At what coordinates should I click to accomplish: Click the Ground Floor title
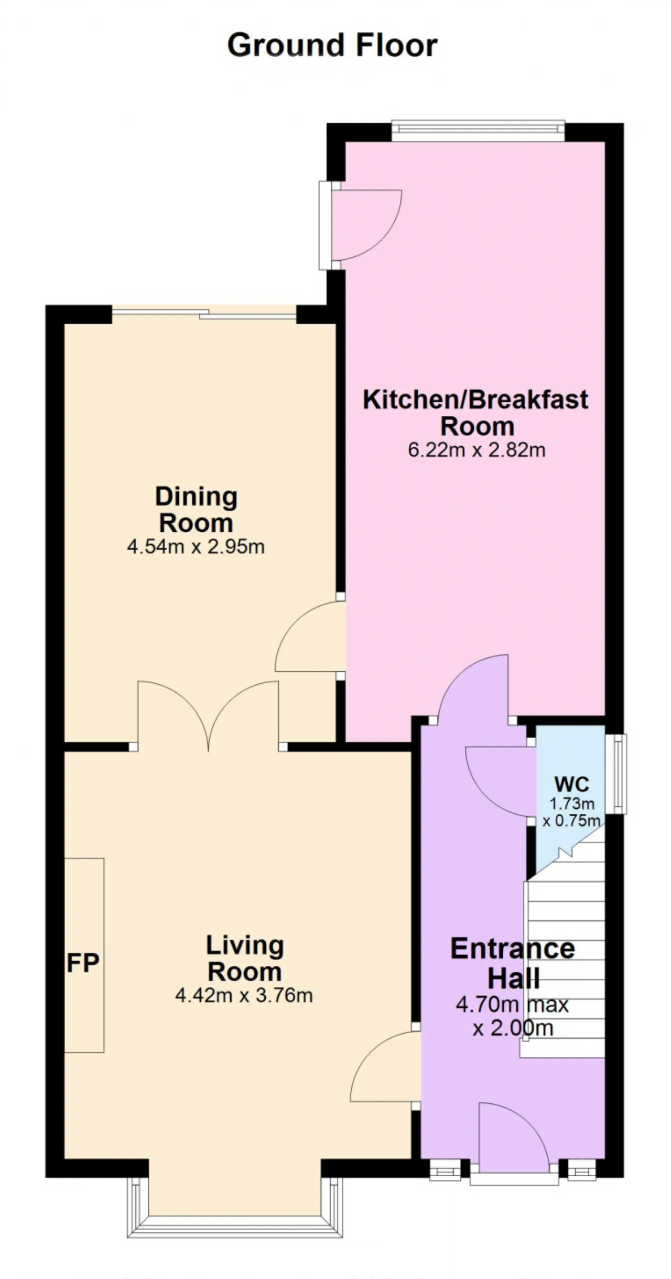pyautogui.click(x=332, y=45)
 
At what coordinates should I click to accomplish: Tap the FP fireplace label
pyautogui.click(x=83, y=963)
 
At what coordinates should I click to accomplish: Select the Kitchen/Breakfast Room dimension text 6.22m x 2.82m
pyautogui.click(x=477, y=450)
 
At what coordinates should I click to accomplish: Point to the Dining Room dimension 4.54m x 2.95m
pyautogui.click(x=196, y=547)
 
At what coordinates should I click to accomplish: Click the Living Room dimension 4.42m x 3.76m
pyautogui.click(x=244, y=995)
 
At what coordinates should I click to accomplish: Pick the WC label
pyautogui.click(x=571, y=784)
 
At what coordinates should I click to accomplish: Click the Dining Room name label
pyautogui.click(x=196, y=510)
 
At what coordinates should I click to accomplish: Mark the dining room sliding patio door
pyautogui.click(x=204, y=314)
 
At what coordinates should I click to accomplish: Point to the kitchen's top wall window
pyautogui.click(x=478, y=131)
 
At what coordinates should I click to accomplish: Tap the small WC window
pyautogui.click(x=620, y=774)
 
